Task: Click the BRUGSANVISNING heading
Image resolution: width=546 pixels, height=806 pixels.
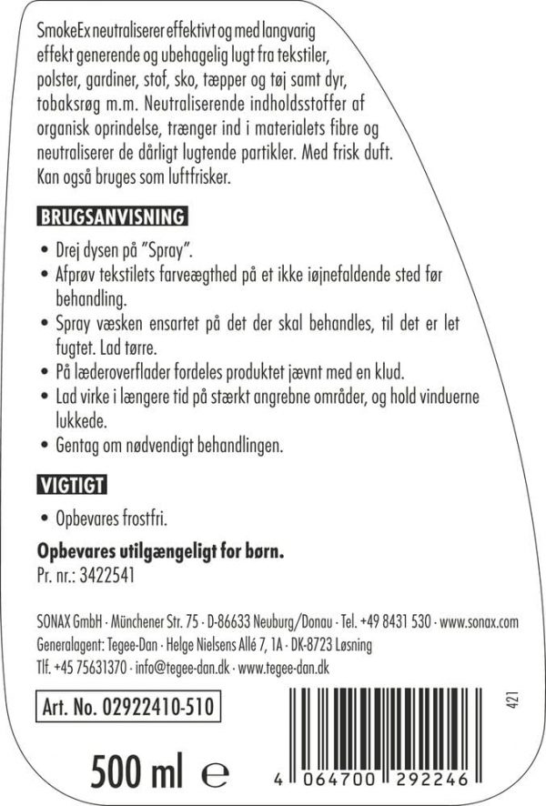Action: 112,217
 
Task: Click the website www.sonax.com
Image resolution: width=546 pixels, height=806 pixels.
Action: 479,623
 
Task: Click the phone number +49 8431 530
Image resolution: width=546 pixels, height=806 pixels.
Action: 395,623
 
